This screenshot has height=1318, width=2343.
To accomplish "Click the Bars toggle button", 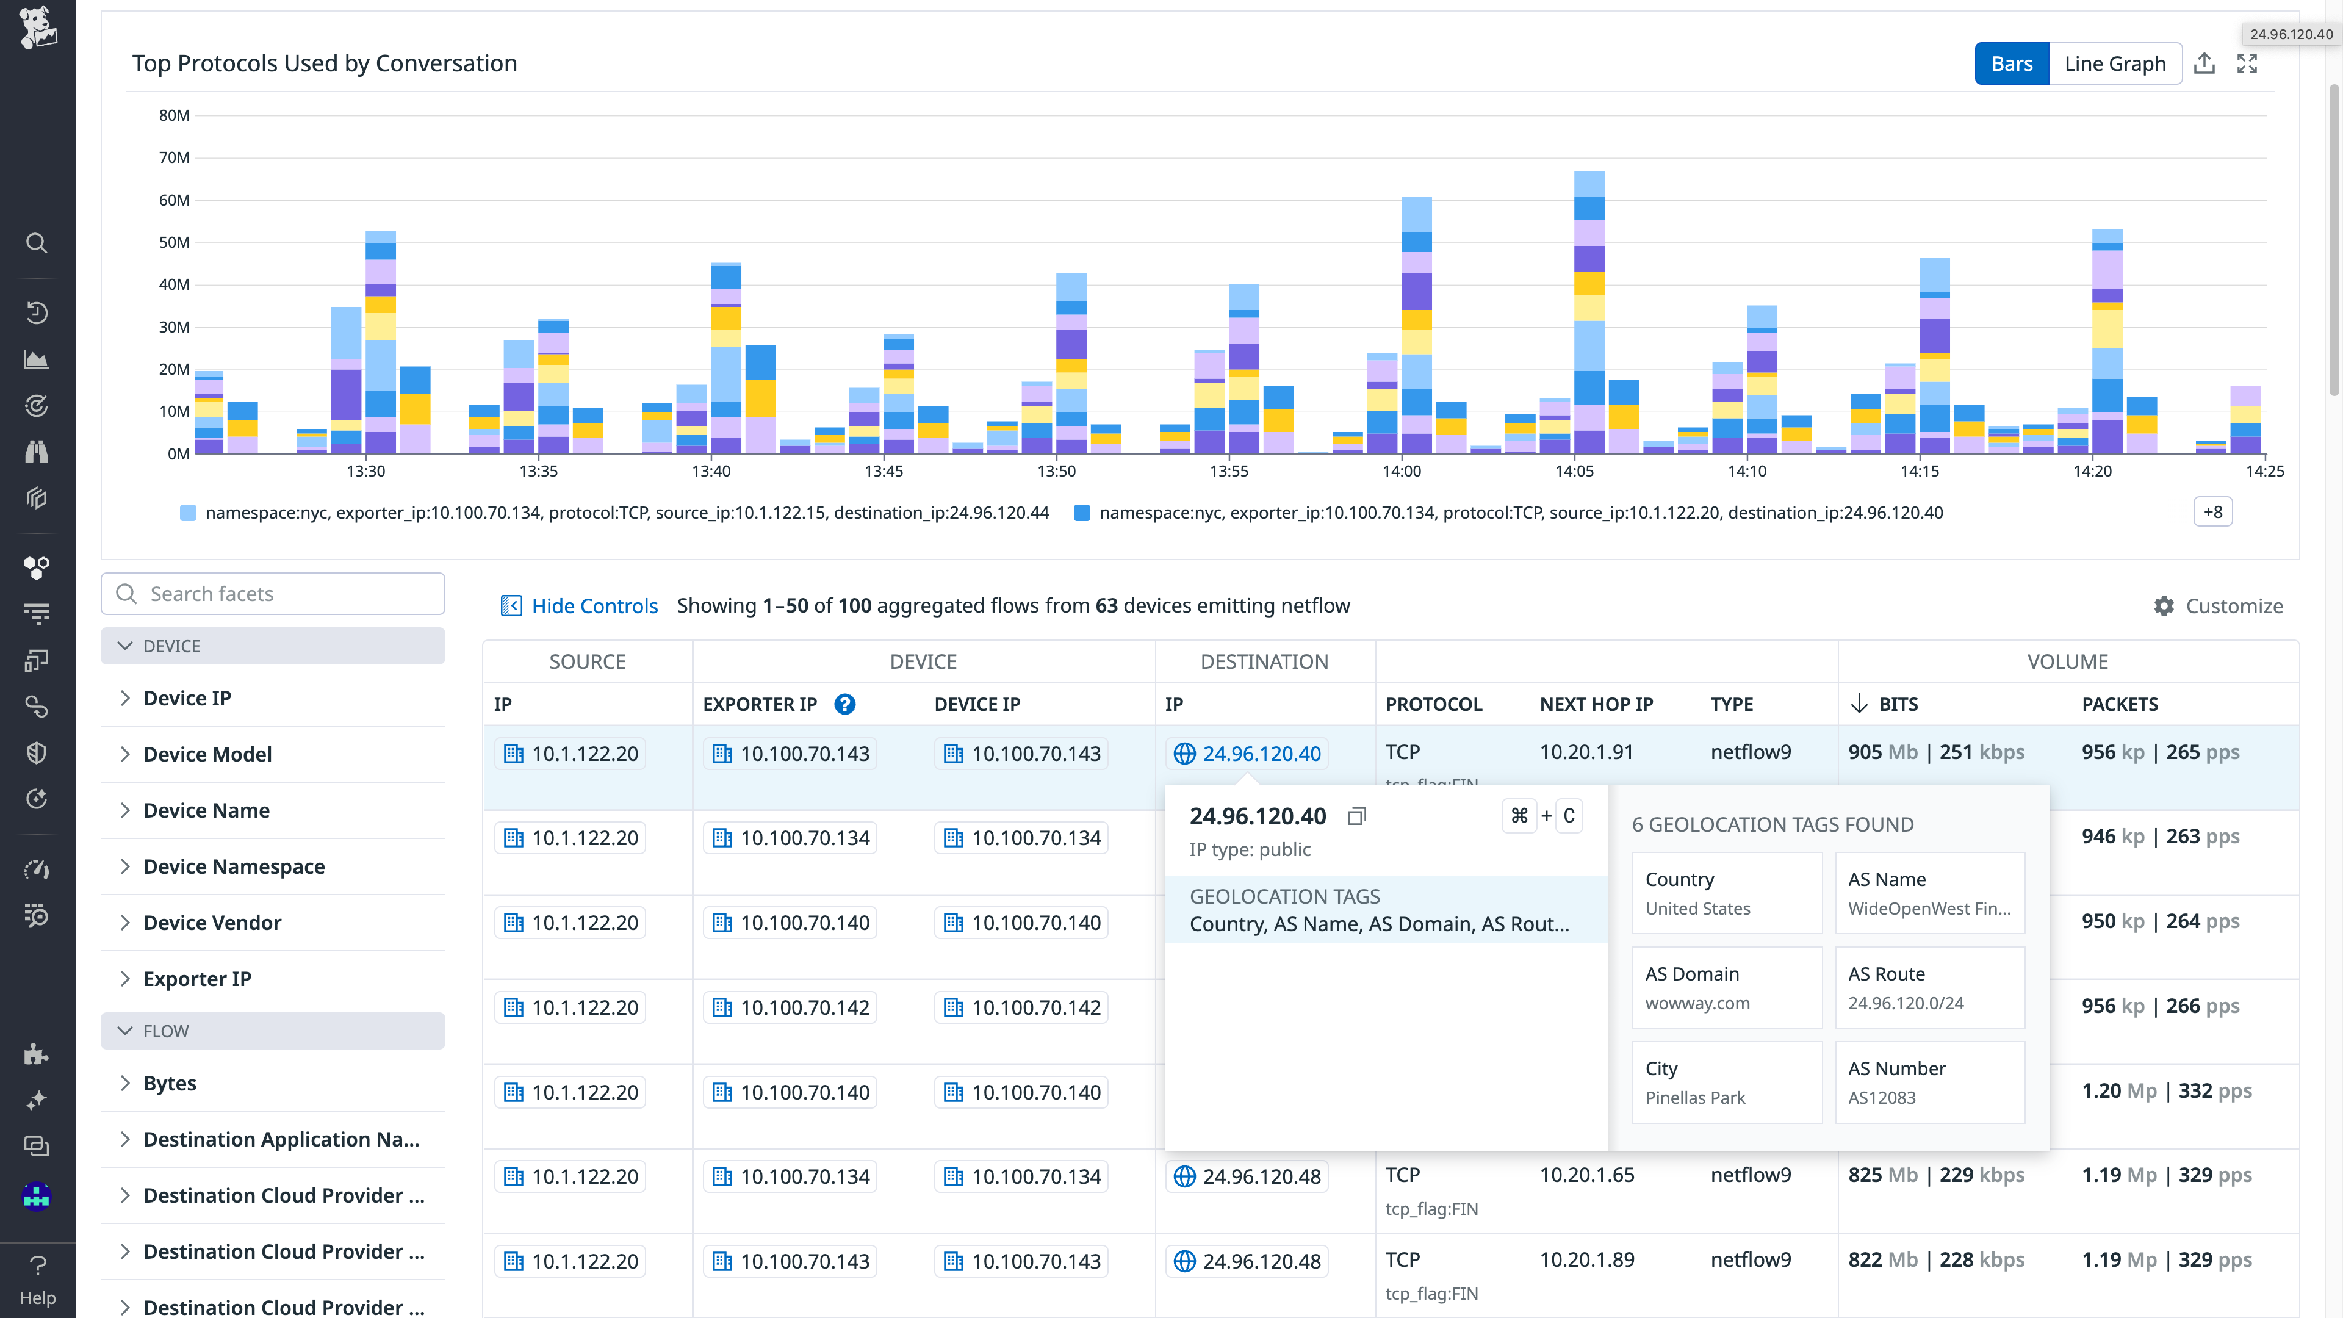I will [x=2011, y=63].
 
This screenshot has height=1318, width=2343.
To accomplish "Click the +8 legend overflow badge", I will [x=2212, y=512].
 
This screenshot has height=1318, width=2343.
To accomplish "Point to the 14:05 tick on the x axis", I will [x=1574, y=471].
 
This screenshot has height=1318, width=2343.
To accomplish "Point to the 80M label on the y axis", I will [x=174, y=115].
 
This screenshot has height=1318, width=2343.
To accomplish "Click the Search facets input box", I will [x=273, y=594].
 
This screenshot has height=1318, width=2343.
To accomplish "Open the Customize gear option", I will [x=2219, y=606].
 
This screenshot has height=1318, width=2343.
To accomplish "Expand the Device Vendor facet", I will [x=212, y=923].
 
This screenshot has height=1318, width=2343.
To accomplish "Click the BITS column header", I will [x=1898, y=704].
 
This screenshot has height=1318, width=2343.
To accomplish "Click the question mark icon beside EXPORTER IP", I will [x=844, y=704].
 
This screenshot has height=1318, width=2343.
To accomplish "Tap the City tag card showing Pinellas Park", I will [x=1726, y=1081].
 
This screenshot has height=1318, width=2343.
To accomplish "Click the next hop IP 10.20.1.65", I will [x=1586, y=1175].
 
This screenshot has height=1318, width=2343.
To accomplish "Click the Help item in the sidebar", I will [x=37, y=1279].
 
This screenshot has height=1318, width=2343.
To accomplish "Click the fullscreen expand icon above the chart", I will [x=2247, y=63].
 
